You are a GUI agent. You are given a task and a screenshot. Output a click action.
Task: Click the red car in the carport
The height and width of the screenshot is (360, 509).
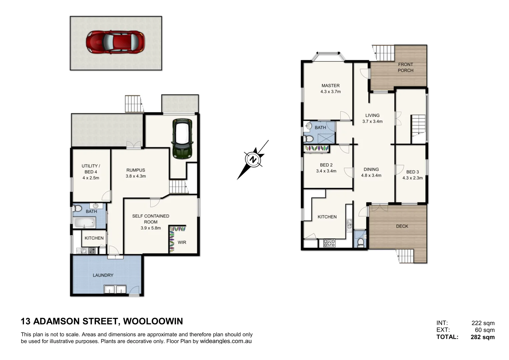point(115,42)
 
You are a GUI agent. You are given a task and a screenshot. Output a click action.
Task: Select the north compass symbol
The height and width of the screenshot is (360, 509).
point(253,159)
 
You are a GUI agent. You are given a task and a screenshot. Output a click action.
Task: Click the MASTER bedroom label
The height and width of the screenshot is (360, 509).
point(330,86)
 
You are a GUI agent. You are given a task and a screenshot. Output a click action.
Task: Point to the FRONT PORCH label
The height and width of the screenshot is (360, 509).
point(405,67)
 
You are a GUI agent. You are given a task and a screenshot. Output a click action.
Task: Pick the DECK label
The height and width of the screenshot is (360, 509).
point(402,226)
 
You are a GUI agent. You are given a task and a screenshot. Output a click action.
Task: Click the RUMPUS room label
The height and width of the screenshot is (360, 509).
point(136,170)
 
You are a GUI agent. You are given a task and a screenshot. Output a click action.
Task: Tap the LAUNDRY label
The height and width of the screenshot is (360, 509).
point(103,275)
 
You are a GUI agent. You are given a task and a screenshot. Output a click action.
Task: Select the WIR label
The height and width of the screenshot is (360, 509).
point(182,242)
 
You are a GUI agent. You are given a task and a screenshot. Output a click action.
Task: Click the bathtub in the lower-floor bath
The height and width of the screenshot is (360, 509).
point(85,223)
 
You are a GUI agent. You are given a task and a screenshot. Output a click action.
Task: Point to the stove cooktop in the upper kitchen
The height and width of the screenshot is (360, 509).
point(329,243)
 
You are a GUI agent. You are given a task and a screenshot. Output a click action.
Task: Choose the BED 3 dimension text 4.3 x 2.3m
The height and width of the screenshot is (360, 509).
point(412,178)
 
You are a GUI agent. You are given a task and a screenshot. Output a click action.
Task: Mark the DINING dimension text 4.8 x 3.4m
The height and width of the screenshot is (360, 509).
point(371,175)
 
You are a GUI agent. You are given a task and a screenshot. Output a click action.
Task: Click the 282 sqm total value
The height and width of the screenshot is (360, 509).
point(482,337)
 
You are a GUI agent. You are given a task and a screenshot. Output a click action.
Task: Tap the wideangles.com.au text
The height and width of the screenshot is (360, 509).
point(226,341)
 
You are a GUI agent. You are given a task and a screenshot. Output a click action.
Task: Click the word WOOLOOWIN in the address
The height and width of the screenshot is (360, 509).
point(153,321)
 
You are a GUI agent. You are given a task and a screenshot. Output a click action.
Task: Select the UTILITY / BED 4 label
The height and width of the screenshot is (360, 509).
point(91,169)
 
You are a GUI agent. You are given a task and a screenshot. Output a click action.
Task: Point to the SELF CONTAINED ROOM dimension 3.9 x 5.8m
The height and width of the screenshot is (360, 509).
point(151,228)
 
